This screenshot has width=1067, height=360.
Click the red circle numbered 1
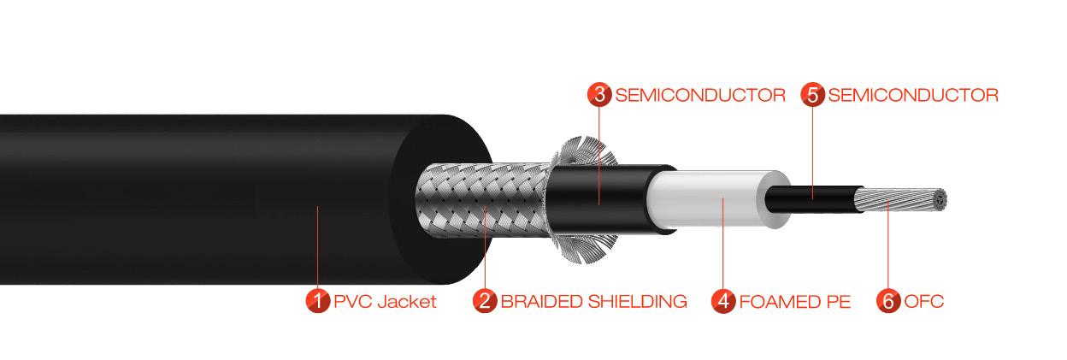click(x=318, y=301)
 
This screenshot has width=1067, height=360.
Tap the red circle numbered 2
click(x=485, y=301)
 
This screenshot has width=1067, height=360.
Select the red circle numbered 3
click(x=599, y=95)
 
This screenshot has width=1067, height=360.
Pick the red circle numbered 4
click(x=723, y=301)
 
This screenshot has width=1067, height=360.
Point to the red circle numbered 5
click(x=813, y=95)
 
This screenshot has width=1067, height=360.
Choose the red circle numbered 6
click(x=888, y=301)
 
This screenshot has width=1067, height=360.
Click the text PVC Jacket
click(x=385, y=302)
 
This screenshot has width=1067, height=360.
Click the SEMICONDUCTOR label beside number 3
click(x=699, y=95)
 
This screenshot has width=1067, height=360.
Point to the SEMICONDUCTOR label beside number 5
click(x=913, y=95)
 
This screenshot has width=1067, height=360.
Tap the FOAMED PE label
click(x=795, y=302)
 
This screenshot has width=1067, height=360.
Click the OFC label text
click(x=923, y=302)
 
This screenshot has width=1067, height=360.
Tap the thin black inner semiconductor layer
click(x=812, y=198)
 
